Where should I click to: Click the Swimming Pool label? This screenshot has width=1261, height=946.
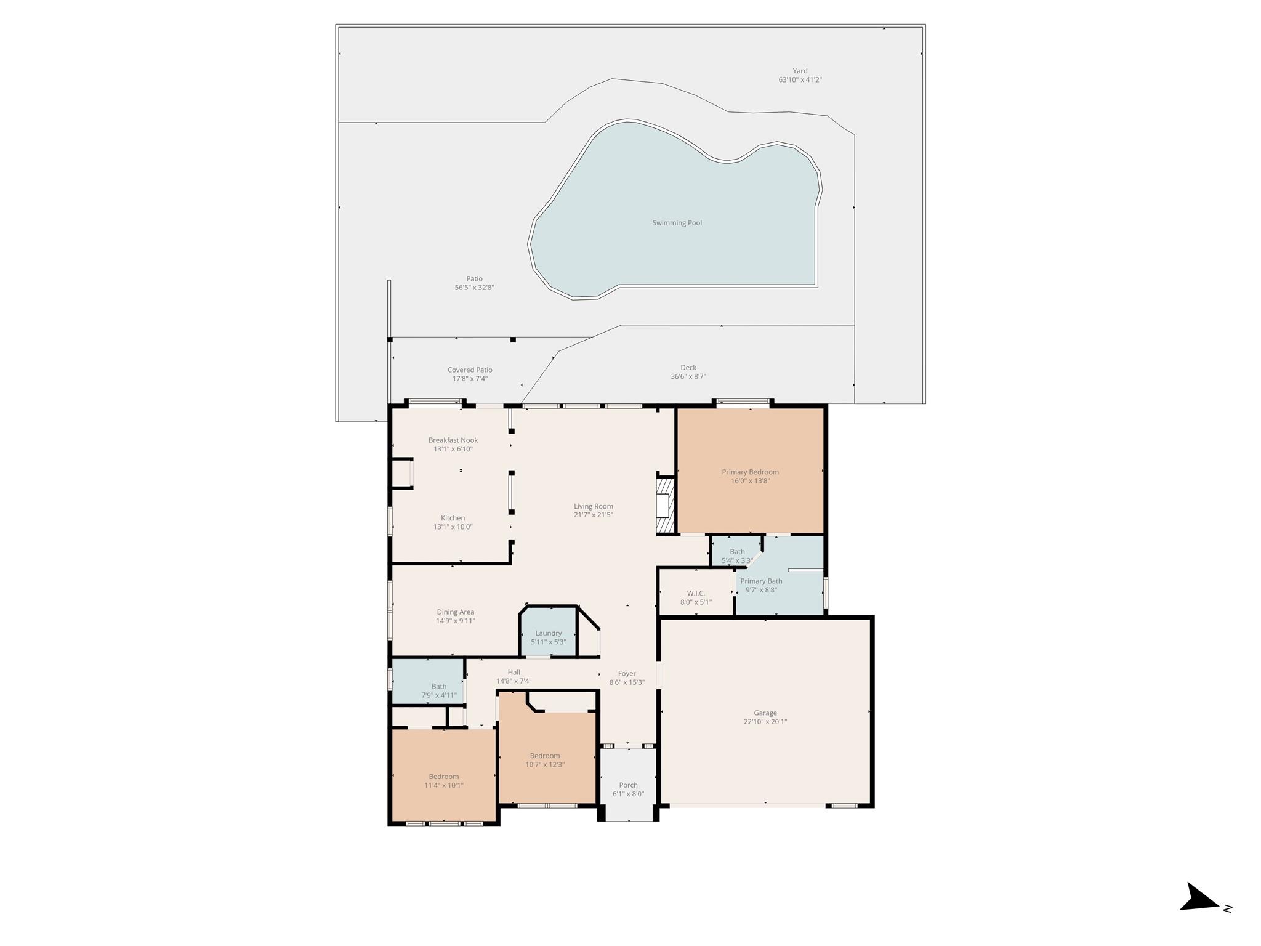pos(677,223)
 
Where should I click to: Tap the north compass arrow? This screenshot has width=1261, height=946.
pos(1198,915)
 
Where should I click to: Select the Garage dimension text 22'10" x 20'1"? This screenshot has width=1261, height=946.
pos(765,722)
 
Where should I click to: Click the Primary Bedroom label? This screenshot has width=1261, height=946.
pos(750,472)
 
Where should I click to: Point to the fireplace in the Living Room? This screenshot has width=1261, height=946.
pos(664,506)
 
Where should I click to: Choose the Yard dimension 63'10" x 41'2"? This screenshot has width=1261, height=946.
pos(800,80)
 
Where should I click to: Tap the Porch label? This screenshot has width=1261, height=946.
pos(628,785)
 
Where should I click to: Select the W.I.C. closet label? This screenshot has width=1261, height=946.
pos(696,594)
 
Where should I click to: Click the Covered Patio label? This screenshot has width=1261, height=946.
pos(470,370)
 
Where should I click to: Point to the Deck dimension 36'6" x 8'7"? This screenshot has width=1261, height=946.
pos(688,376)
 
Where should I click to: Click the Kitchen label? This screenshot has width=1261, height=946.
pos(453,519)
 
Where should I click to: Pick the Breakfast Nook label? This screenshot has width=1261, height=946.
pos(453,440)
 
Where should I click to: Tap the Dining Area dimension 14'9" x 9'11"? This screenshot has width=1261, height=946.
pos(455,621)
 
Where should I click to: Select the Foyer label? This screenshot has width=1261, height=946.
pos(627,674)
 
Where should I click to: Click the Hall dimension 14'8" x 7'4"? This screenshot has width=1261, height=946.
pos(514,681)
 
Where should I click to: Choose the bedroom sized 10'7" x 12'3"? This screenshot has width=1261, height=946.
pos(545,760)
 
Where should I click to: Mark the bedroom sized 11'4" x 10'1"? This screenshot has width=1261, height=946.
pos(443,781)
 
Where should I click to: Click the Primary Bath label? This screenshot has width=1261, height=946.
pos(761,581)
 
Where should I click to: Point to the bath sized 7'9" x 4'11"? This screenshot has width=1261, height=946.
pos(438,690)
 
